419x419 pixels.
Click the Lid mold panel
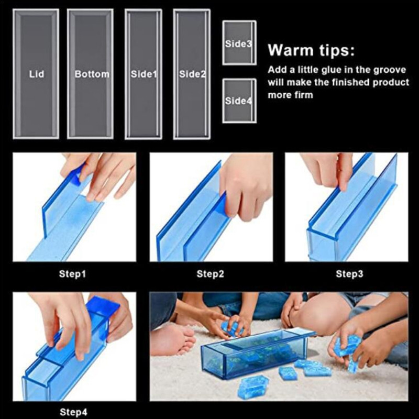(36, 74)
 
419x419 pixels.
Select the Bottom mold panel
(91, 74)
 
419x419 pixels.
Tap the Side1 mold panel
(143, 74)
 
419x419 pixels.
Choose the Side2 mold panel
(192, 74)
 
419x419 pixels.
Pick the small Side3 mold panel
(239, 43)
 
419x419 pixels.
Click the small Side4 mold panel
(239, 101)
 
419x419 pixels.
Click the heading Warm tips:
(311, 51)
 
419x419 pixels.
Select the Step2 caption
(211, 273)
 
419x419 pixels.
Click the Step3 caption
(349, 273)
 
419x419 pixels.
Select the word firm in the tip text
(303, 95)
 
